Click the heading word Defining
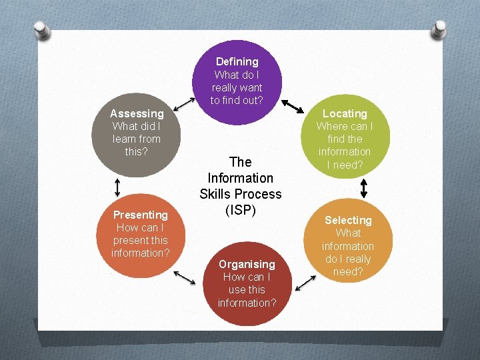[237, 62]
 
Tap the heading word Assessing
[137, 113]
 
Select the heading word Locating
[345, 113]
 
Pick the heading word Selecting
[348, 220]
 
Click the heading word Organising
[247, 264]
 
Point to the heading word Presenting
[140, 215]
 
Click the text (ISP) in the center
[240, 210]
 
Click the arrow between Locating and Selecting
[363, 188]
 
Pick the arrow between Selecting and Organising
[305, 284]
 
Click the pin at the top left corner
[41, 30]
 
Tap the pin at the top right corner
[439, 29]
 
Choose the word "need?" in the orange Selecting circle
[348, 271]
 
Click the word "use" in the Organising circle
[238, 289]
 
